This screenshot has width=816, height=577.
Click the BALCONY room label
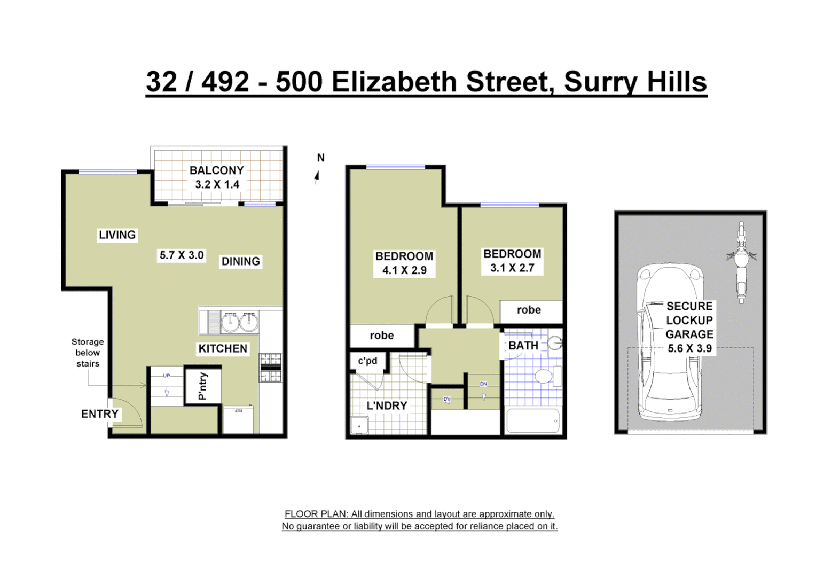[x=216, y=170]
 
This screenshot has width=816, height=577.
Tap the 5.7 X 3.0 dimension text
[x=182, y=255]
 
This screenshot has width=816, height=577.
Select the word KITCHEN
[x=223, y=349]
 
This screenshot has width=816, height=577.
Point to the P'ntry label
[x=202, y=386]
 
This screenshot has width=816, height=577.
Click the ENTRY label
[x=100, y=414]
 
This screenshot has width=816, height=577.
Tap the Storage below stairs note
[x=88, y=353]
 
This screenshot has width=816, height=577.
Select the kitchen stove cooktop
[x=270, y=368]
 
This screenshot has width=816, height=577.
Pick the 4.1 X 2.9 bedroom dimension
[x=404, y=270]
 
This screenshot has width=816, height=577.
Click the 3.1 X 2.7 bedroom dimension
[x=512, y=268]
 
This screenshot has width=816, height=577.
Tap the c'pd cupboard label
[x=367, y=361]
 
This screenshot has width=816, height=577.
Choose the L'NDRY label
[x=387, y=406]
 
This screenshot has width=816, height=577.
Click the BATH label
[x=523, y=346]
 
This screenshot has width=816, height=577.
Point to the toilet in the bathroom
[x=544, y=376]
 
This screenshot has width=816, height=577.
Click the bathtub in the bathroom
[x=532, y=421]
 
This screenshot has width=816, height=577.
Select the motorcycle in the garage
[x=741, y=262]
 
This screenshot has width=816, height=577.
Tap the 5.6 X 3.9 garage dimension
[x=689, y=348]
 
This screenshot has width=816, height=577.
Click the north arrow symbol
[x=317, y=176]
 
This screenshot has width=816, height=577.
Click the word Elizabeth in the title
[x=394, y=82]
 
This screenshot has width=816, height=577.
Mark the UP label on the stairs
[x=167, y=376]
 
